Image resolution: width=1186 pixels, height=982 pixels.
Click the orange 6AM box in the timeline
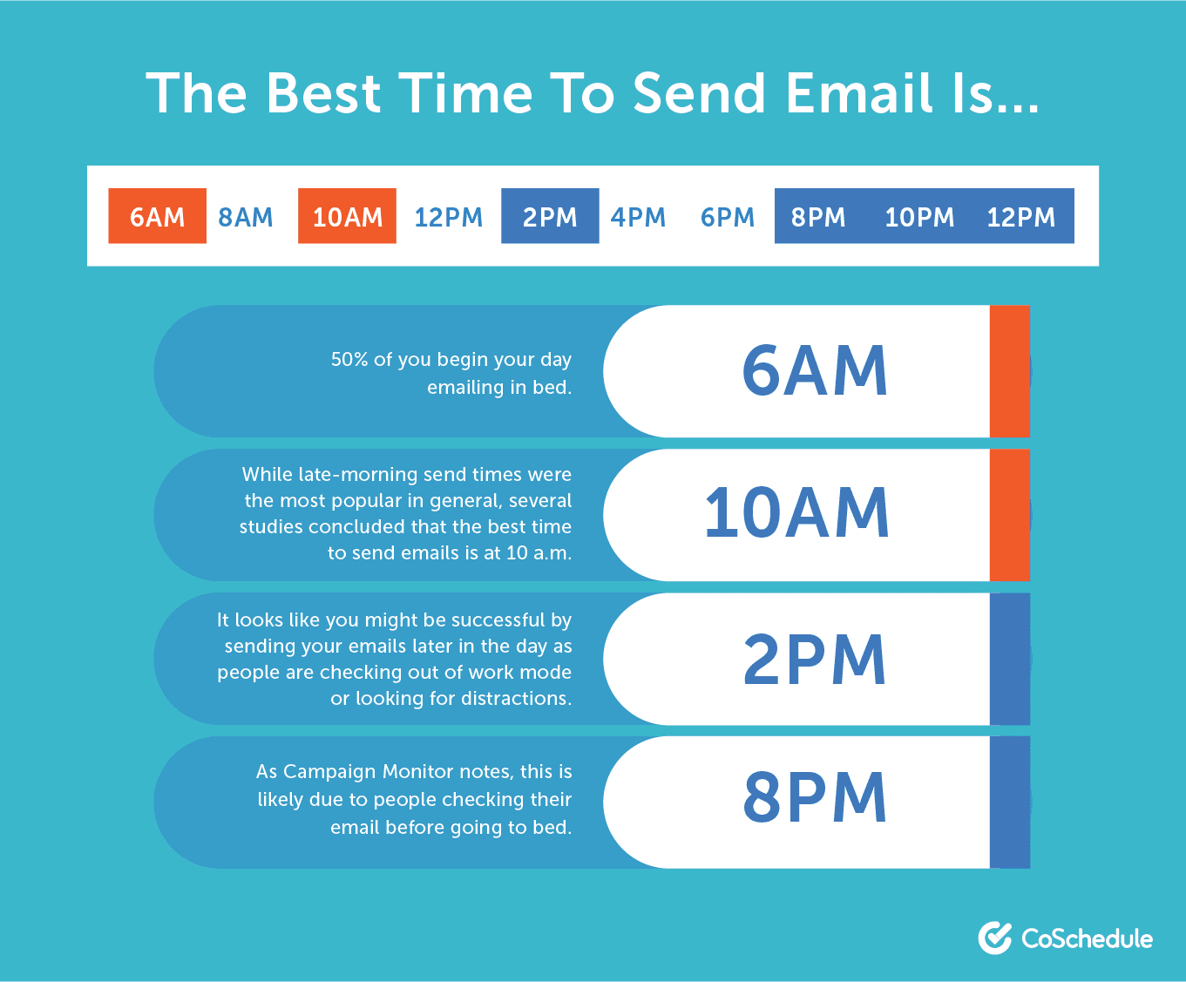point(158,216)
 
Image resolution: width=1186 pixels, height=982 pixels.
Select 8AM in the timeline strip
point(246,218)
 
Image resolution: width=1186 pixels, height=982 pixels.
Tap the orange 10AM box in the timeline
point(347,216)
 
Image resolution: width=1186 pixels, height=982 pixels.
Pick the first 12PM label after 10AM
point(448,218)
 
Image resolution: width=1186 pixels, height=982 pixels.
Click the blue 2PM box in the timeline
point(550,216)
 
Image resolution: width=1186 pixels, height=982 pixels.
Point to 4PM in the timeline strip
point(638,218)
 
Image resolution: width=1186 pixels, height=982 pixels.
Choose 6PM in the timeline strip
point(728,218)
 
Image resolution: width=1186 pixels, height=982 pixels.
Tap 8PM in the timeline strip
point(818,218)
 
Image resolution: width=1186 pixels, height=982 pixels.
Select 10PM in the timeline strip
point(919,218)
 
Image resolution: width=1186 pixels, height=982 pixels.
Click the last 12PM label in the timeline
point(1020,218)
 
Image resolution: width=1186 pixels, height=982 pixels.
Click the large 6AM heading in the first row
point(815,371)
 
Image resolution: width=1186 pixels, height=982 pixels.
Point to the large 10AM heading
point(796,513)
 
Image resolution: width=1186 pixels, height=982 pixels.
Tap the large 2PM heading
point(815,659)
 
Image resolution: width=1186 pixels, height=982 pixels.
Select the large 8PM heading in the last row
point(815,797)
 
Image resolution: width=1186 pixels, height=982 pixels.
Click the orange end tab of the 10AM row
point(1010,515)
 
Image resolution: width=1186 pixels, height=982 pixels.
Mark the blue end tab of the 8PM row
point(1010,802)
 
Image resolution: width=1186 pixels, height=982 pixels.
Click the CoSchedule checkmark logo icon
point(994,938)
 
